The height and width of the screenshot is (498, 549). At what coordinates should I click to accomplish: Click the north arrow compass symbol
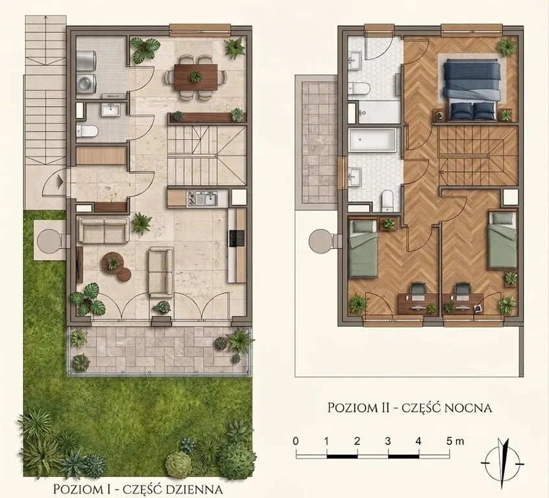click(503, 463)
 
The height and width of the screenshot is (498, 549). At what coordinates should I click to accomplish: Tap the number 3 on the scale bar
click(387, 441)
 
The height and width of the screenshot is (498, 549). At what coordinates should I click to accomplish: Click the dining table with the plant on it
click(196, 77)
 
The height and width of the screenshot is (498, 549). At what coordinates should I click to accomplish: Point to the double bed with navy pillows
click(472, 89)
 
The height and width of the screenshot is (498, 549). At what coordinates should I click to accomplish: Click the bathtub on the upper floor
click(372, 140)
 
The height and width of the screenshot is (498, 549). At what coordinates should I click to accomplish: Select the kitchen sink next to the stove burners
click(211, 199)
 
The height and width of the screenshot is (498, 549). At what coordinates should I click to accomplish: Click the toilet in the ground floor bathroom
click(87, 131)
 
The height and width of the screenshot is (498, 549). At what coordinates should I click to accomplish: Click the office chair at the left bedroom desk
click(419, 289)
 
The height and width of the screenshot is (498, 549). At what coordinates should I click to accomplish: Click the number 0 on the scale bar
click(296, 441)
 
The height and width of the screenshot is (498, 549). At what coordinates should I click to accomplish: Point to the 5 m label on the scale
click(455, 441)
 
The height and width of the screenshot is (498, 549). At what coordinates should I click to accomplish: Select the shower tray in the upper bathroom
click(380, 112)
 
